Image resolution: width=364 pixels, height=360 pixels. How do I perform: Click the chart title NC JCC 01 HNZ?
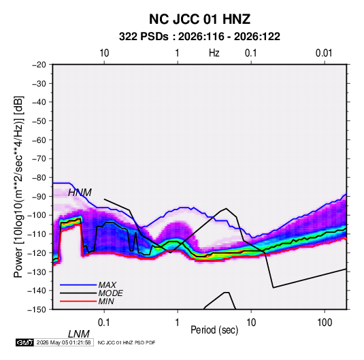click(x=199, y=19)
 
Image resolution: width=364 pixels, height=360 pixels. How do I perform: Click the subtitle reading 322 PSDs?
click(x=144, y=37)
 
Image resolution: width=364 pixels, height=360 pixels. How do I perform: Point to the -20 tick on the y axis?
click(x=39, y=65)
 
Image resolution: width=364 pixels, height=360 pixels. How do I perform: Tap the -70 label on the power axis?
click(x=39, y=159)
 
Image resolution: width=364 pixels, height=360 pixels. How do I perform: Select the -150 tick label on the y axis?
click(x=37, y=310)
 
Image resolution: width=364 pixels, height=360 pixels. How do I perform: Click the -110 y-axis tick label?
click(x=37, y=234)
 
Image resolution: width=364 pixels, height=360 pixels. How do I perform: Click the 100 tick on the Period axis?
click(x=325, y=323)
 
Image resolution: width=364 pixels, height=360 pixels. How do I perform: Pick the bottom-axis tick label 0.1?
click(x=104, y=323)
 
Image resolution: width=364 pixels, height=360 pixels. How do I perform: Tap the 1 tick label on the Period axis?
click(x=178, y=323)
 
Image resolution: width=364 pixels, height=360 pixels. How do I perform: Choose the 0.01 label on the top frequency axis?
click(x=324, y=53)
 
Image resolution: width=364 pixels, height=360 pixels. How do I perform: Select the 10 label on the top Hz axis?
click(x=104, y=53)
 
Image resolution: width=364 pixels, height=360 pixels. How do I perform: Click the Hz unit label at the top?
click(x=214, y=53)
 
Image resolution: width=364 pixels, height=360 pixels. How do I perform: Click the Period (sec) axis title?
click(x=214, y=330)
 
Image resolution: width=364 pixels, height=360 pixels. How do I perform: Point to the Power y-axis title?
click(x=18, y=186)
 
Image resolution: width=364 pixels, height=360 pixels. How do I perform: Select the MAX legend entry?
click(x=107, y=284)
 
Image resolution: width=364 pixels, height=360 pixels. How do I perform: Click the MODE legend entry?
click(x=110, y=293)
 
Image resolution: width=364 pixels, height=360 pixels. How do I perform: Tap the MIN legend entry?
click(x=106, y=301)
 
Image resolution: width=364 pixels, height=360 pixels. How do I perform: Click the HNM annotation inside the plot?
click(x=80, y=193)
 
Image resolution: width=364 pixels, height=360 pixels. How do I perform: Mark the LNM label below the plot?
click(x=79, y=334)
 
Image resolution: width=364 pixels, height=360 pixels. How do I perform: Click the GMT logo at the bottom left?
click(x=24, y=342)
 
